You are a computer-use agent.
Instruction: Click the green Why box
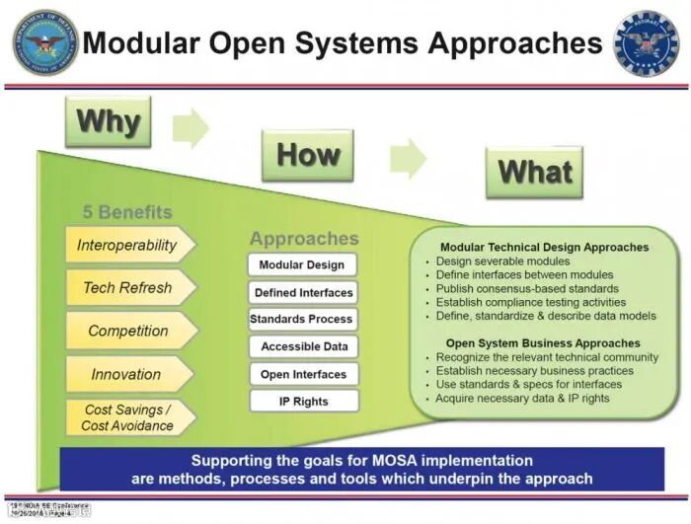(108, 122)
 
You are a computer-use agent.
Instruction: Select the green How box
(307, 154)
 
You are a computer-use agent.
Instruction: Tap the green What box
(534, 172)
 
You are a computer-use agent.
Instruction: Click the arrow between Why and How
(191, 127)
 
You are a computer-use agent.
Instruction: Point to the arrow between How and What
(408, 159)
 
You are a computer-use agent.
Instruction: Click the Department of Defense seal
(44, 42)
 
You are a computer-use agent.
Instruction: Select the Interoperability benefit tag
(128, 245)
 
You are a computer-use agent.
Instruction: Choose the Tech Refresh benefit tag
(128, 288)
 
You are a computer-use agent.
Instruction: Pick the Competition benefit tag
(128, 331)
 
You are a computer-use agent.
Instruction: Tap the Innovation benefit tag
(128, 374)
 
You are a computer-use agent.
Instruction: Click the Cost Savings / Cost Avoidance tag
(128, 417)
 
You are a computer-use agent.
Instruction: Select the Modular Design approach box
(302, 264)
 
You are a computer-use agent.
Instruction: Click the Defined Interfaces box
(303, 292)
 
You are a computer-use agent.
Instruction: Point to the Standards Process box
(303, 320)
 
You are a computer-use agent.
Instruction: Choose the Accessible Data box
(303, 347)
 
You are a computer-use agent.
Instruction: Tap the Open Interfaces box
(303, 374)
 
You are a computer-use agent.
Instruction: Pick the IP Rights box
(303, 401)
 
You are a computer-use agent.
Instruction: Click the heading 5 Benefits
(127, 212)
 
